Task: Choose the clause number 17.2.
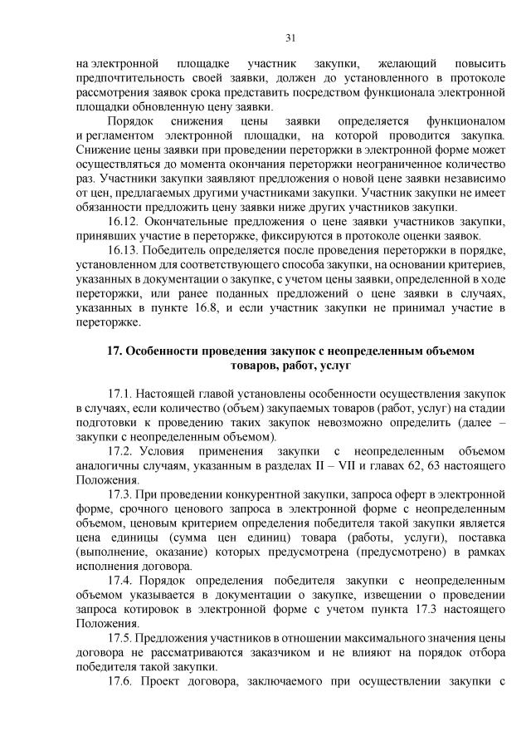coord(121,452)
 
